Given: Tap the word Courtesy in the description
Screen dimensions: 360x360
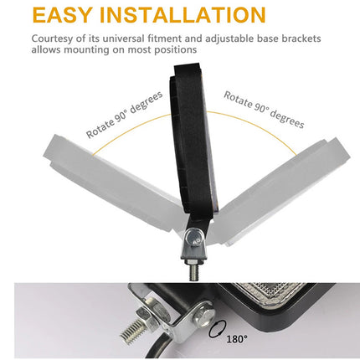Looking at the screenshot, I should pos(57,39).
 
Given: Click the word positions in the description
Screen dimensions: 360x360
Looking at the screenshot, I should pos(174,50).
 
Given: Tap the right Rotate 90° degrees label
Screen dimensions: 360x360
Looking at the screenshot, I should pos(264,110).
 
